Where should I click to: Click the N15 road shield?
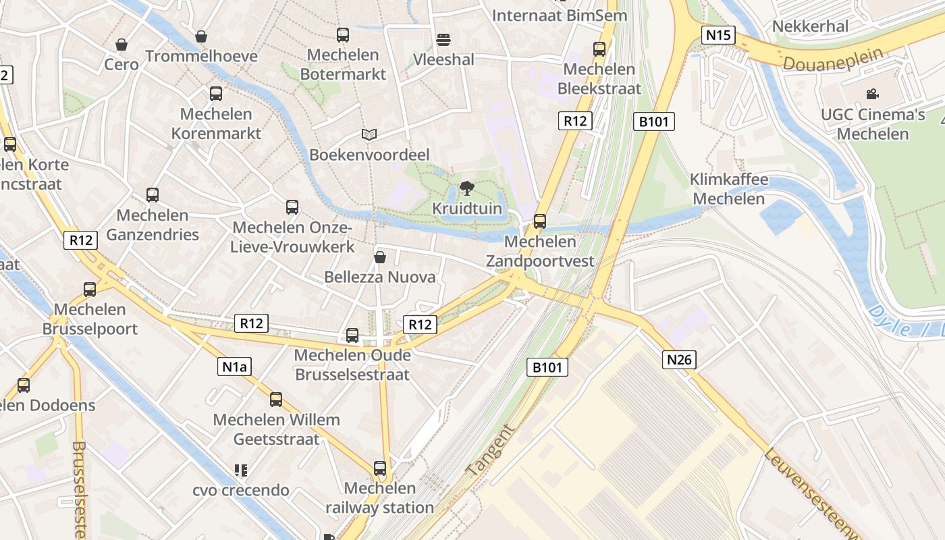718,35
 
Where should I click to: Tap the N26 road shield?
678,360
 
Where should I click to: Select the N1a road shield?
234,367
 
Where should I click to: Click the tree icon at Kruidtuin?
466,188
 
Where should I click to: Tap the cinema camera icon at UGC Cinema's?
873,94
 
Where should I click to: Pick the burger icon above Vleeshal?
443,40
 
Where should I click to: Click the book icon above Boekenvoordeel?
369,135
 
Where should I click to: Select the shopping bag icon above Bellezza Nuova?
380,257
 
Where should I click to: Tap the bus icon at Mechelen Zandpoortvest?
539,221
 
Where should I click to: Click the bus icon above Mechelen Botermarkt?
343,34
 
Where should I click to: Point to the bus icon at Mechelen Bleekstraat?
599,49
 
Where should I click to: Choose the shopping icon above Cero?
122,45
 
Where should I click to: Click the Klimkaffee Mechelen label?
728,189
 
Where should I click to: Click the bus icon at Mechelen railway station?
380,468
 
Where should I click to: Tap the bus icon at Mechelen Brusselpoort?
90,289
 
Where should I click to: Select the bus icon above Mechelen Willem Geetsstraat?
276,399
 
